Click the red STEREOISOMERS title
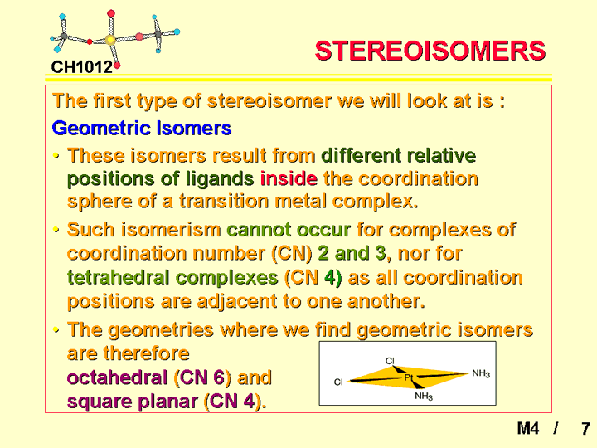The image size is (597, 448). tap(430, 51)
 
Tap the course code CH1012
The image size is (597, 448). tap(82, 67)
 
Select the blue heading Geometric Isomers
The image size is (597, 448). tap(142, 128)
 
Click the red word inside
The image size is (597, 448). tap(289, 178)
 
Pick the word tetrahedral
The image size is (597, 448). tap(118, 277)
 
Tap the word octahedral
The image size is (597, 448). tap(117, 377)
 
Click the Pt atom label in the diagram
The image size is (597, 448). tap(409, 377)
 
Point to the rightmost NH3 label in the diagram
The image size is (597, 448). tap(481, 373)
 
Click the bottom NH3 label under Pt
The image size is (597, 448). tap(424, 397)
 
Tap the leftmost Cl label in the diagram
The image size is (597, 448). tap(338, 382)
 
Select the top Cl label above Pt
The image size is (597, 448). tap(390, 360)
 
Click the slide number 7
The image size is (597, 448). tap(585, 429)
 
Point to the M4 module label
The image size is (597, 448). tap(527, 429)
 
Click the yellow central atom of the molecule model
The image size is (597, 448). tap(110, 39)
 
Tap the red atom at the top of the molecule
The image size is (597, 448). tap(111, 13)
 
